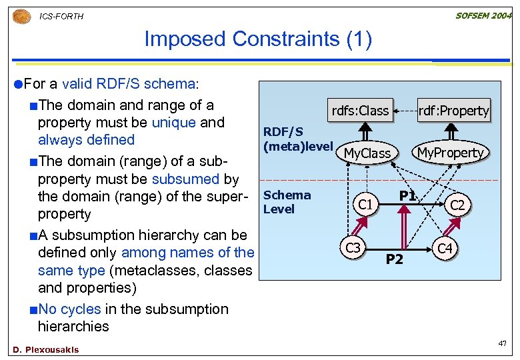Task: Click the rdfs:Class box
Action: coord(359,111)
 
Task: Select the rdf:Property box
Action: coord(453,111)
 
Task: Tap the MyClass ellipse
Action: coord(367,153)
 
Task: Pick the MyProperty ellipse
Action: coord(449,153)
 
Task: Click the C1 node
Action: coord(365,204)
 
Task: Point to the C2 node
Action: coord(457,205)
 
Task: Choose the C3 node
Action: coord(353,248)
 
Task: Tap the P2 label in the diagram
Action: coord(395,259)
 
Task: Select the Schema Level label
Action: coord(287,201)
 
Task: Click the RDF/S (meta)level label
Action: coord(297,139)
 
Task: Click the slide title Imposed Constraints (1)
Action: coord(258,39)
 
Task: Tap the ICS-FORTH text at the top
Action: coord(61,16)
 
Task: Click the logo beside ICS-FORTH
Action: coord(21,15)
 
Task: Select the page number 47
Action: coord(503,343)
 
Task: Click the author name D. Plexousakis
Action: coord(45,350)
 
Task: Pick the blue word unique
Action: coord(173,123)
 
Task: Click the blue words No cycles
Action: coord(69,309)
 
